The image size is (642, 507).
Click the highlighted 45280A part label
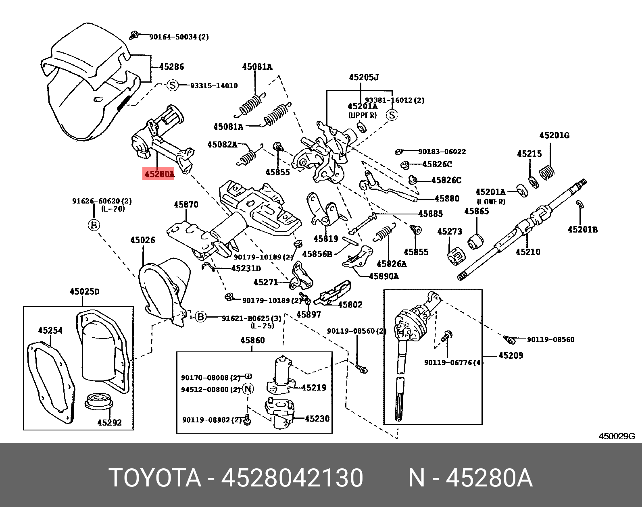(x=158, y=174)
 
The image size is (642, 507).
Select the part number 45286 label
(x=171, y=67)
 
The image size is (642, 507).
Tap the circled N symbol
(x=248, y=389)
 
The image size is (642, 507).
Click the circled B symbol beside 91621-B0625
(x=200, y=317)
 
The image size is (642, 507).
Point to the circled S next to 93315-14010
(x=173, y=85)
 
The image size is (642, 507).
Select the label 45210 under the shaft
(x=527, y=252)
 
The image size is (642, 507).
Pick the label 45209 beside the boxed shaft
(x=511, y=355)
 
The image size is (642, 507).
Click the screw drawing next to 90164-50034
(x=134, y=35)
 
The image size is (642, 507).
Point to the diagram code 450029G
(x=617, y=436)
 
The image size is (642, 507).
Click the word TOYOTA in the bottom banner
(x=155, y=478)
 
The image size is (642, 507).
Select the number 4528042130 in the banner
(x=292, y=478)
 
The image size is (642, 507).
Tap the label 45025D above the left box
(x=84, y=291)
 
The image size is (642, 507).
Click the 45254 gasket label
(x=50, y=330)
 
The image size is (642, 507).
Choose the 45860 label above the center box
(x=252, y=341)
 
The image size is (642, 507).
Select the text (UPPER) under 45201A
(x=362, y=115)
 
